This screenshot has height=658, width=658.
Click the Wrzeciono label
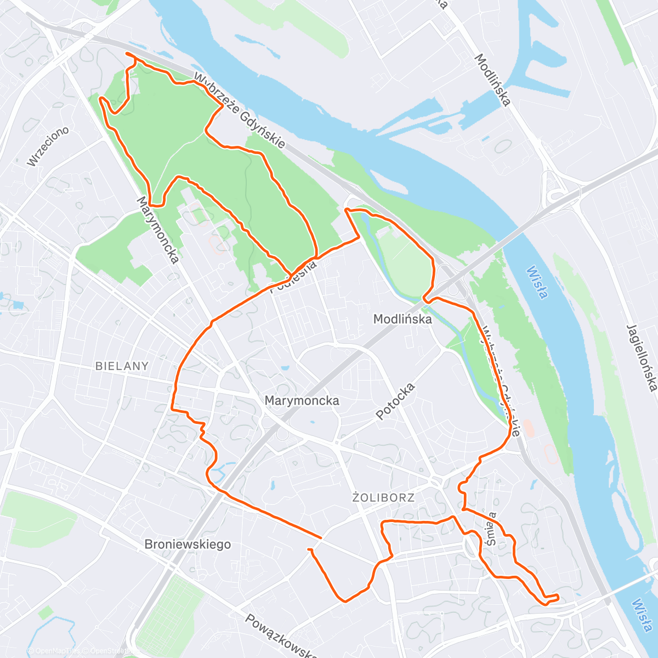click(x=48, y=146)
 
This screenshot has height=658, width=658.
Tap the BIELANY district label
click(x=122, y=366)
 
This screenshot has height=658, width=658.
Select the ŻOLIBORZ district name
click(x=383, y=498)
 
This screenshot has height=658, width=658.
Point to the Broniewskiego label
click(x=188, y=544)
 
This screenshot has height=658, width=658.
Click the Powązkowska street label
click(x=281, y=636)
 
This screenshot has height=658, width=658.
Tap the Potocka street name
click(x=395, y=401)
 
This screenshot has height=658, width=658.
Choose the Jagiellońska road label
click(x=641, y=358)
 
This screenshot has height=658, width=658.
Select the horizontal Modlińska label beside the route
click(x=402, y=319)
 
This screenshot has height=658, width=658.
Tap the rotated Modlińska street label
click(x=493, y=80)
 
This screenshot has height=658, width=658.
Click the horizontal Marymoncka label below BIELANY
click(x=302, y=401)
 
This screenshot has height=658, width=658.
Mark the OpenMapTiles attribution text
click(x=55, y=651)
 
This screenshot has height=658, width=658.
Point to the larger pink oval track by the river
click(x=551, y=454)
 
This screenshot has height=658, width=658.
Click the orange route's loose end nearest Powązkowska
click(x=309, y=549)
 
